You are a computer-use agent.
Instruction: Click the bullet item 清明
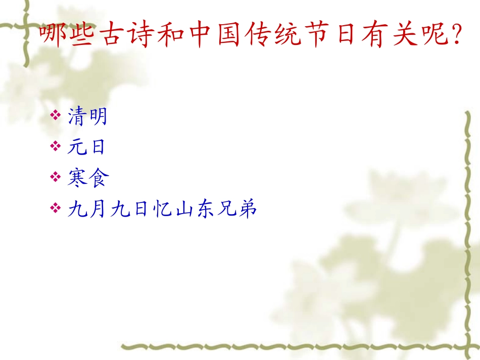coord(87,117)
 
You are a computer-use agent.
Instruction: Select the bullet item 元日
coord(87,147)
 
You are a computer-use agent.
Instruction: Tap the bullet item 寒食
coord(87,178)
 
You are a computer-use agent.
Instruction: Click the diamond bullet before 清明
coord(56,117)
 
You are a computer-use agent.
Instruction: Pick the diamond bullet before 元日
coord(56,147)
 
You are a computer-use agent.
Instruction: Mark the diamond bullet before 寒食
coord(56,177)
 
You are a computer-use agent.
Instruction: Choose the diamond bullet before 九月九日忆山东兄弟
coord(56,208)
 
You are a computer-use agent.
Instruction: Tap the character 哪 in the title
coord(53,35)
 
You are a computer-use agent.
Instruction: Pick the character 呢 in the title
coord(435,35)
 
